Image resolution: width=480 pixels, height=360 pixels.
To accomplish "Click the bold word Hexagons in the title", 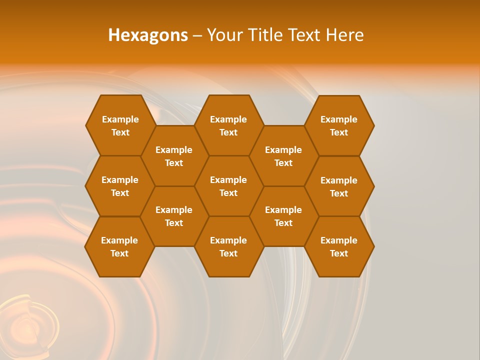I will (x=148, y=35).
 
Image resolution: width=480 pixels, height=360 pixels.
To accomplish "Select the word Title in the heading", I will (x=265, y=35).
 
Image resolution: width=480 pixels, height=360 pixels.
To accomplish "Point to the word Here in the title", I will (x=344, y=35).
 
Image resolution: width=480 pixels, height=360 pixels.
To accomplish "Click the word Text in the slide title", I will (x=304, y=35).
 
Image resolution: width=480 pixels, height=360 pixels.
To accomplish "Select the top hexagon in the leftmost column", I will (x=120, y=125).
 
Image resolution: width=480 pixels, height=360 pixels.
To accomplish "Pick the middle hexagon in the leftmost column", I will (x=120, y=186).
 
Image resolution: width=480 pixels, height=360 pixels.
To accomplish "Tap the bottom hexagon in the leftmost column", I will (x=119, y=246).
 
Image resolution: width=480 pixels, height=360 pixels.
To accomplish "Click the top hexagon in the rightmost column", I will (x=339, y=125).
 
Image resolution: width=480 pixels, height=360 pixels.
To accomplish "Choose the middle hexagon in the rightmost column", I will (x=339, y=186).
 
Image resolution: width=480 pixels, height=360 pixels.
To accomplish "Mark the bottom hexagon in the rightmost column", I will (x=339, y=246).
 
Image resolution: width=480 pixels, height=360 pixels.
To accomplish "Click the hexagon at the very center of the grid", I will (x=228, y=186).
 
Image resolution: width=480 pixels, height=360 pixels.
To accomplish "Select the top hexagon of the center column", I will (x=228, y=125).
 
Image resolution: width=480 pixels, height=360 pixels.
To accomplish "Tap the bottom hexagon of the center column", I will (x=228, y=246).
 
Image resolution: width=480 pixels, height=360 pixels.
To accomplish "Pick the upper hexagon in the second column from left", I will (x=174, y=156).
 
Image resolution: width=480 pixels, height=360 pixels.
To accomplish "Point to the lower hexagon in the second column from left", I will (x=174, y=216).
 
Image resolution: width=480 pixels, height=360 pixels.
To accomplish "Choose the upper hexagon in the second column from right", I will (x=283, y=156).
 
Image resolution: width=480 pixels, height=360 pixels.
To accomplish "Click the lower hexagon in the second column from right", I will (x=283, y=216).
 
